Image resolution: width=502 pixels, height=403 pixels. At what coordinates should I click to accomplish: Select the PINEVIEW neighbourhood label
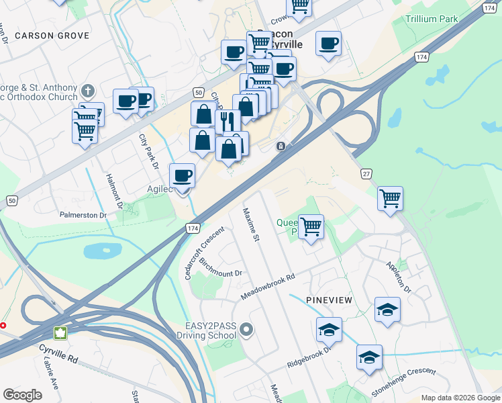coord(329,299)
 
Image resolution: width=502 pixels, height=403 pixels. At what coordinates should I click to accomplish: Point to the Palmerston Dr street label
coord(84,216)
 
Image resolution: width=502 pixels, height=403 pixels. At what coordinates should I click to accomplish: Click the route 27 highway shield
coord(366,174)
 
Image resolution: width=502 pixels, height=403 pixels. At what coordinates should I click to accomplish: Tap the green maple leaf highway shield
coord(60,333)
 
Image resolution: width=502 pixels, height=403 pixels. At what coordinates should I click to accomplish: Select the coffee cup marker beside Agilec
coord(182,176)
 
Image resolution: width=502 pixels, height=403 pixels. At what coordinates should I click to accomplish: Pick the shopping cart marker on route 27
coord(390,199)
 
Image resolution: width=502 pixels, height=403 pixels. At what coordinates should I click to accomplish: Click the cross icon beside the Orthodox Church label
coord(87,91)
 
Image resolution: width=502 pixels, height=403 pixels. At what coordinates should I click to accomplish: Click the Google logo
coord(23,395)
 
